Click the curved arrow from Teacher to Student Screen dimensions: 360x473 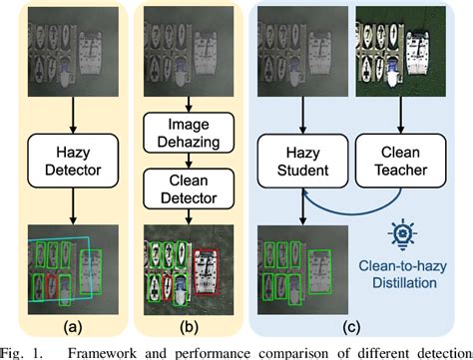coord(354,205)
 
